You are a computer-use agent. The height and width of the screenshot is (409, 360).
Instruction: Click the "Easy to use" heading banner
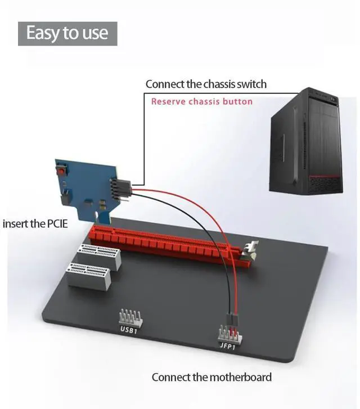(x=67, y=33)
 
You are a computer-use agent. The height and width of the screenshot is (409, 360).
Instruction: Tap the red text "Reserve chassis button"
(x=202, y=102)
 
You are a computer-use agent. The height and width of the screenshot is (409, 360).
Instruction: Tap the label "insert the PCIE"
(x=35, y=224)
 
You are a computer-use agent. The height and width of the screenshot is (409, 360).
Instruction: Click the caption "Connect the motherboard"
(x=211, y=377)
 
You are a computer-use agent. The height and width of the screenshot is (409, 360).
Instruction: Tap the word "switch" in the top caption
(x=253, y=84)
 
